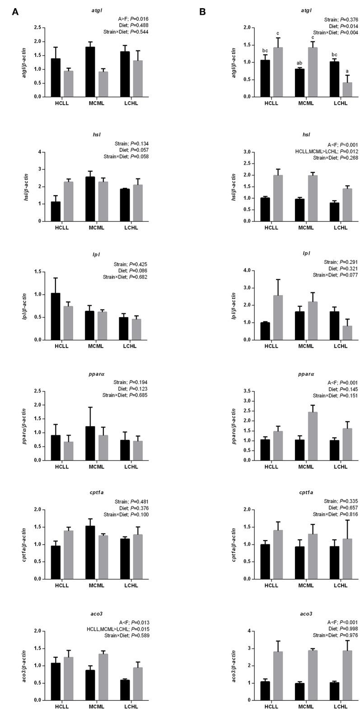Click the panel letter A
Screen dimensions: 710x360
[15, 12]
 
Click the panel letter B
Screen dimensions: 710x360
[202, 12]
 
